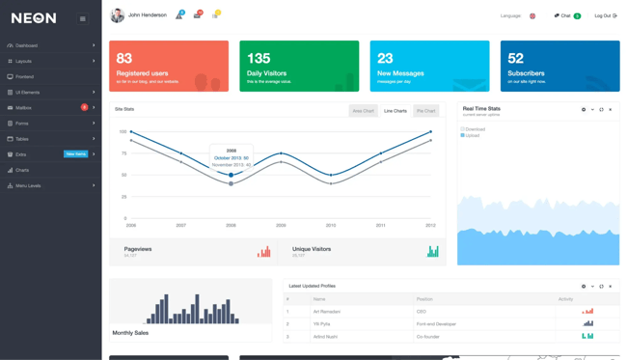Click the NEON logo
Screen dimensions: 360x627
[x=34, y=18]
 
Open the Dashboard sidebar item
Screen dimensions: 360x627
[x=26, y=45]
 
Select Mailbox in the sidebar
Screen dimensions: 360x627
[x=23, y=108]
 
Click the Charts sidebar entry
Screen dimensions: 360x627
[x=22, y=170]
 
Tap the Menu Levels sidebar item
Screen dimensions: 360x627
[x=28, y=185]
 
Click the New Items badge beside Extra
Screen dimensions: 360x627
[x=75, y=154]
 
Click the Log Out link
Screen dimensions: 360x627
[x=605, y=15]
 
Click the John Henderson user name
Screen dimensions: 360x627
[x=148, y=15]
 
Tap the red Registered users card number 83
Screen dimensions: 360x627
[x=124, y=59]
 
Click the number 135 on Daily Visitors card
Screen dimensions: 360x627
[x=259, y=59]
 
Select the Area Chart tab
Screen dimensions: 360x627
[x=363, y=111]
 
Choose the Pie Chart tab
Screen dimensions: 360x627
[x=425, y=111]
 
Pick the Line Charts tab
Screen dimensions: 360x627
[x=395, y=111]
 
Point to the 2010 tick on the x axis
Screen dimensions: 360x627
[x=331, y=225]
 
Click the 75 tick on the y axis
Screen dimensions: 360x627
[x=123, y=153]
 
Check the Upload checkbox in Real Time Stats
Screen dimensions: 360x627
[x=463, y=135]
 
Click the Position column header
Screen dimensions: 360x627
[x=425, y=299]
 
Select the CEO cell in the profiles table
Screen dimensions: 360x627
[x=422, y=312]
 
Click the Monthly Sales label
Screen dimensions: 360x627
[x=130, y=333]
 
